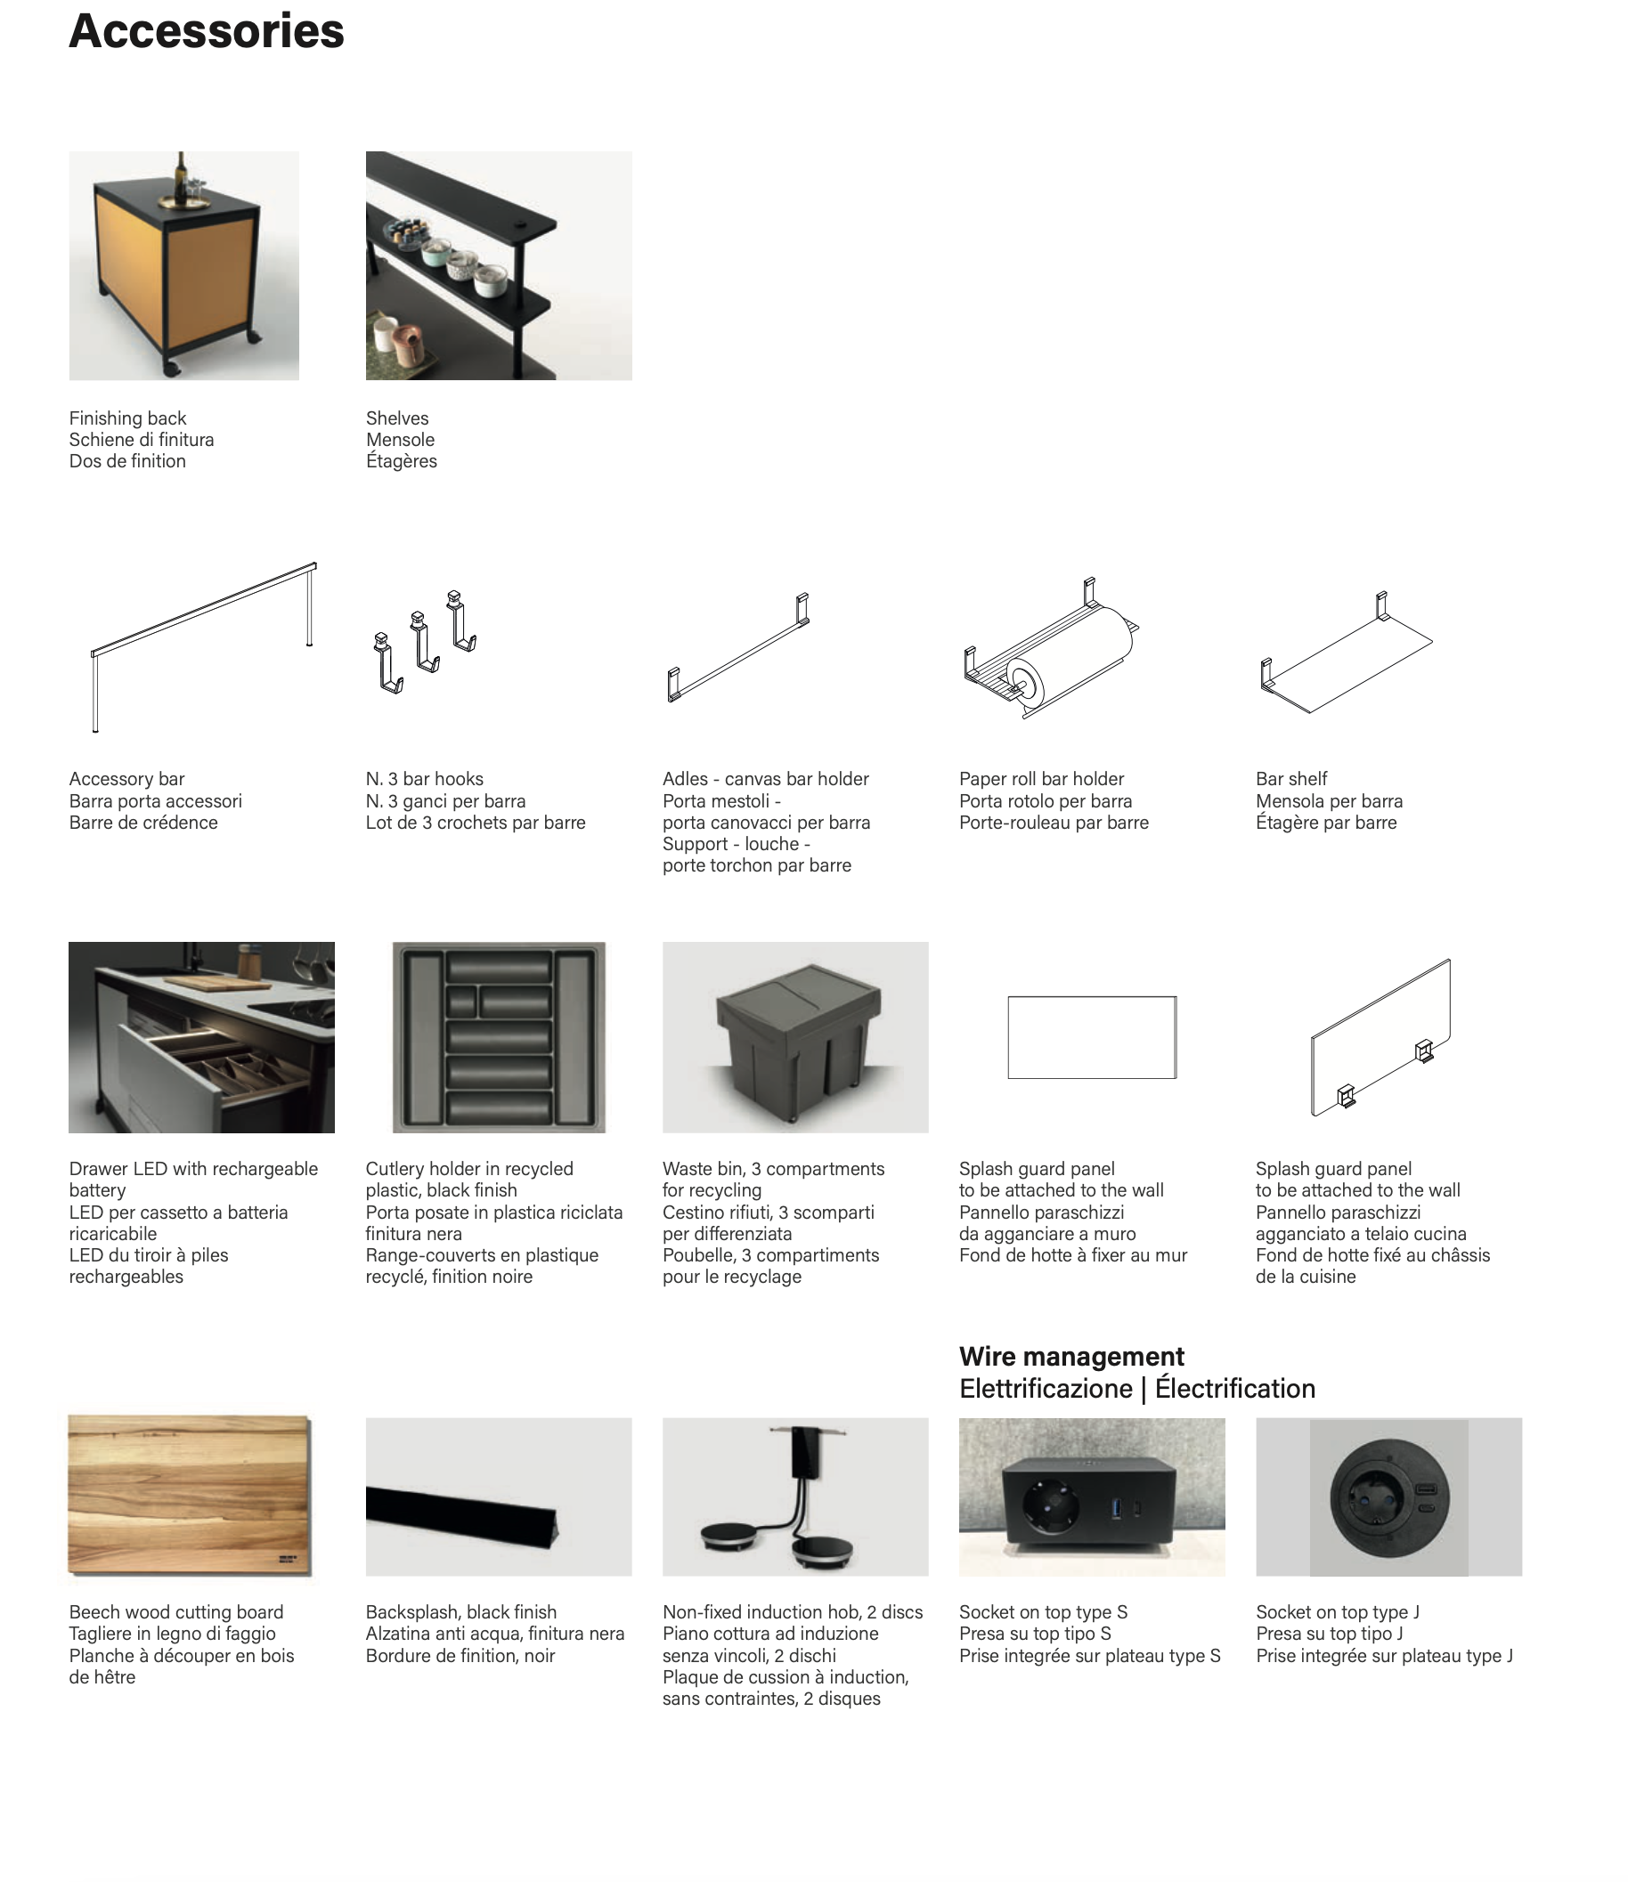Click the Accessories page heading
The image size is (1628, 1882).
pyautogui.click(x=207, y=32)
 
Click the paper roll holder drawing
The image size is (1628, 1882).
pyautogui.click(x=1051, y=647)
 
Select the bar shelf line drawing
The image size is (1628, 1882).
pyautogui.click(x=1346, y=653)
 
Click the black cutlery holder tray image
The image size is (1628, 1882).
pyautogui.click(x=499, y=1037)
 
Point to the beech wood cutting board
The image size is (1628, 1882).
pyautogui.click(x=190, y=1495)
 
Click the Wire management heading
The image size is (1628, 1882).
pyautogui.click(x=1071, y=1357)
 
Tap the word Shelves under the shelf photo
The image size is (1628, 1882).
pyautogui.click(x=397, y=418)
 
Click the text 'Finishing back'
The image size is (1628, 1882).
pyautogui.click(x=127, y=418)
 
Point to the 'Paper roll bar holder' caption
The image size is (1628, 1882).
pyautogui.click(x=1041, y=779)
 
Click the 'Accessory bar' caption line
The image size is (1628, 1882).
pyautogui.click(x=126, y=779)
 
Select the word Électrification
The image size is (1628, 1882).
pyautogui.click(x=1234, y=1390)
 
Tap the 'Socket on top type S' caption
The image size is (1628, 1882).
pyautogui.click(x=1043, y=1612)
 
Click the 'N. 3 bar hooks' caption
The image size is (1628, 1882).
pyautogui.click(x=424, y=779)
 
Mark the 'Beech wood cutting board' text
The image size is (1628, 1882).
pyautogui.click(x=176, y=1612)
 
